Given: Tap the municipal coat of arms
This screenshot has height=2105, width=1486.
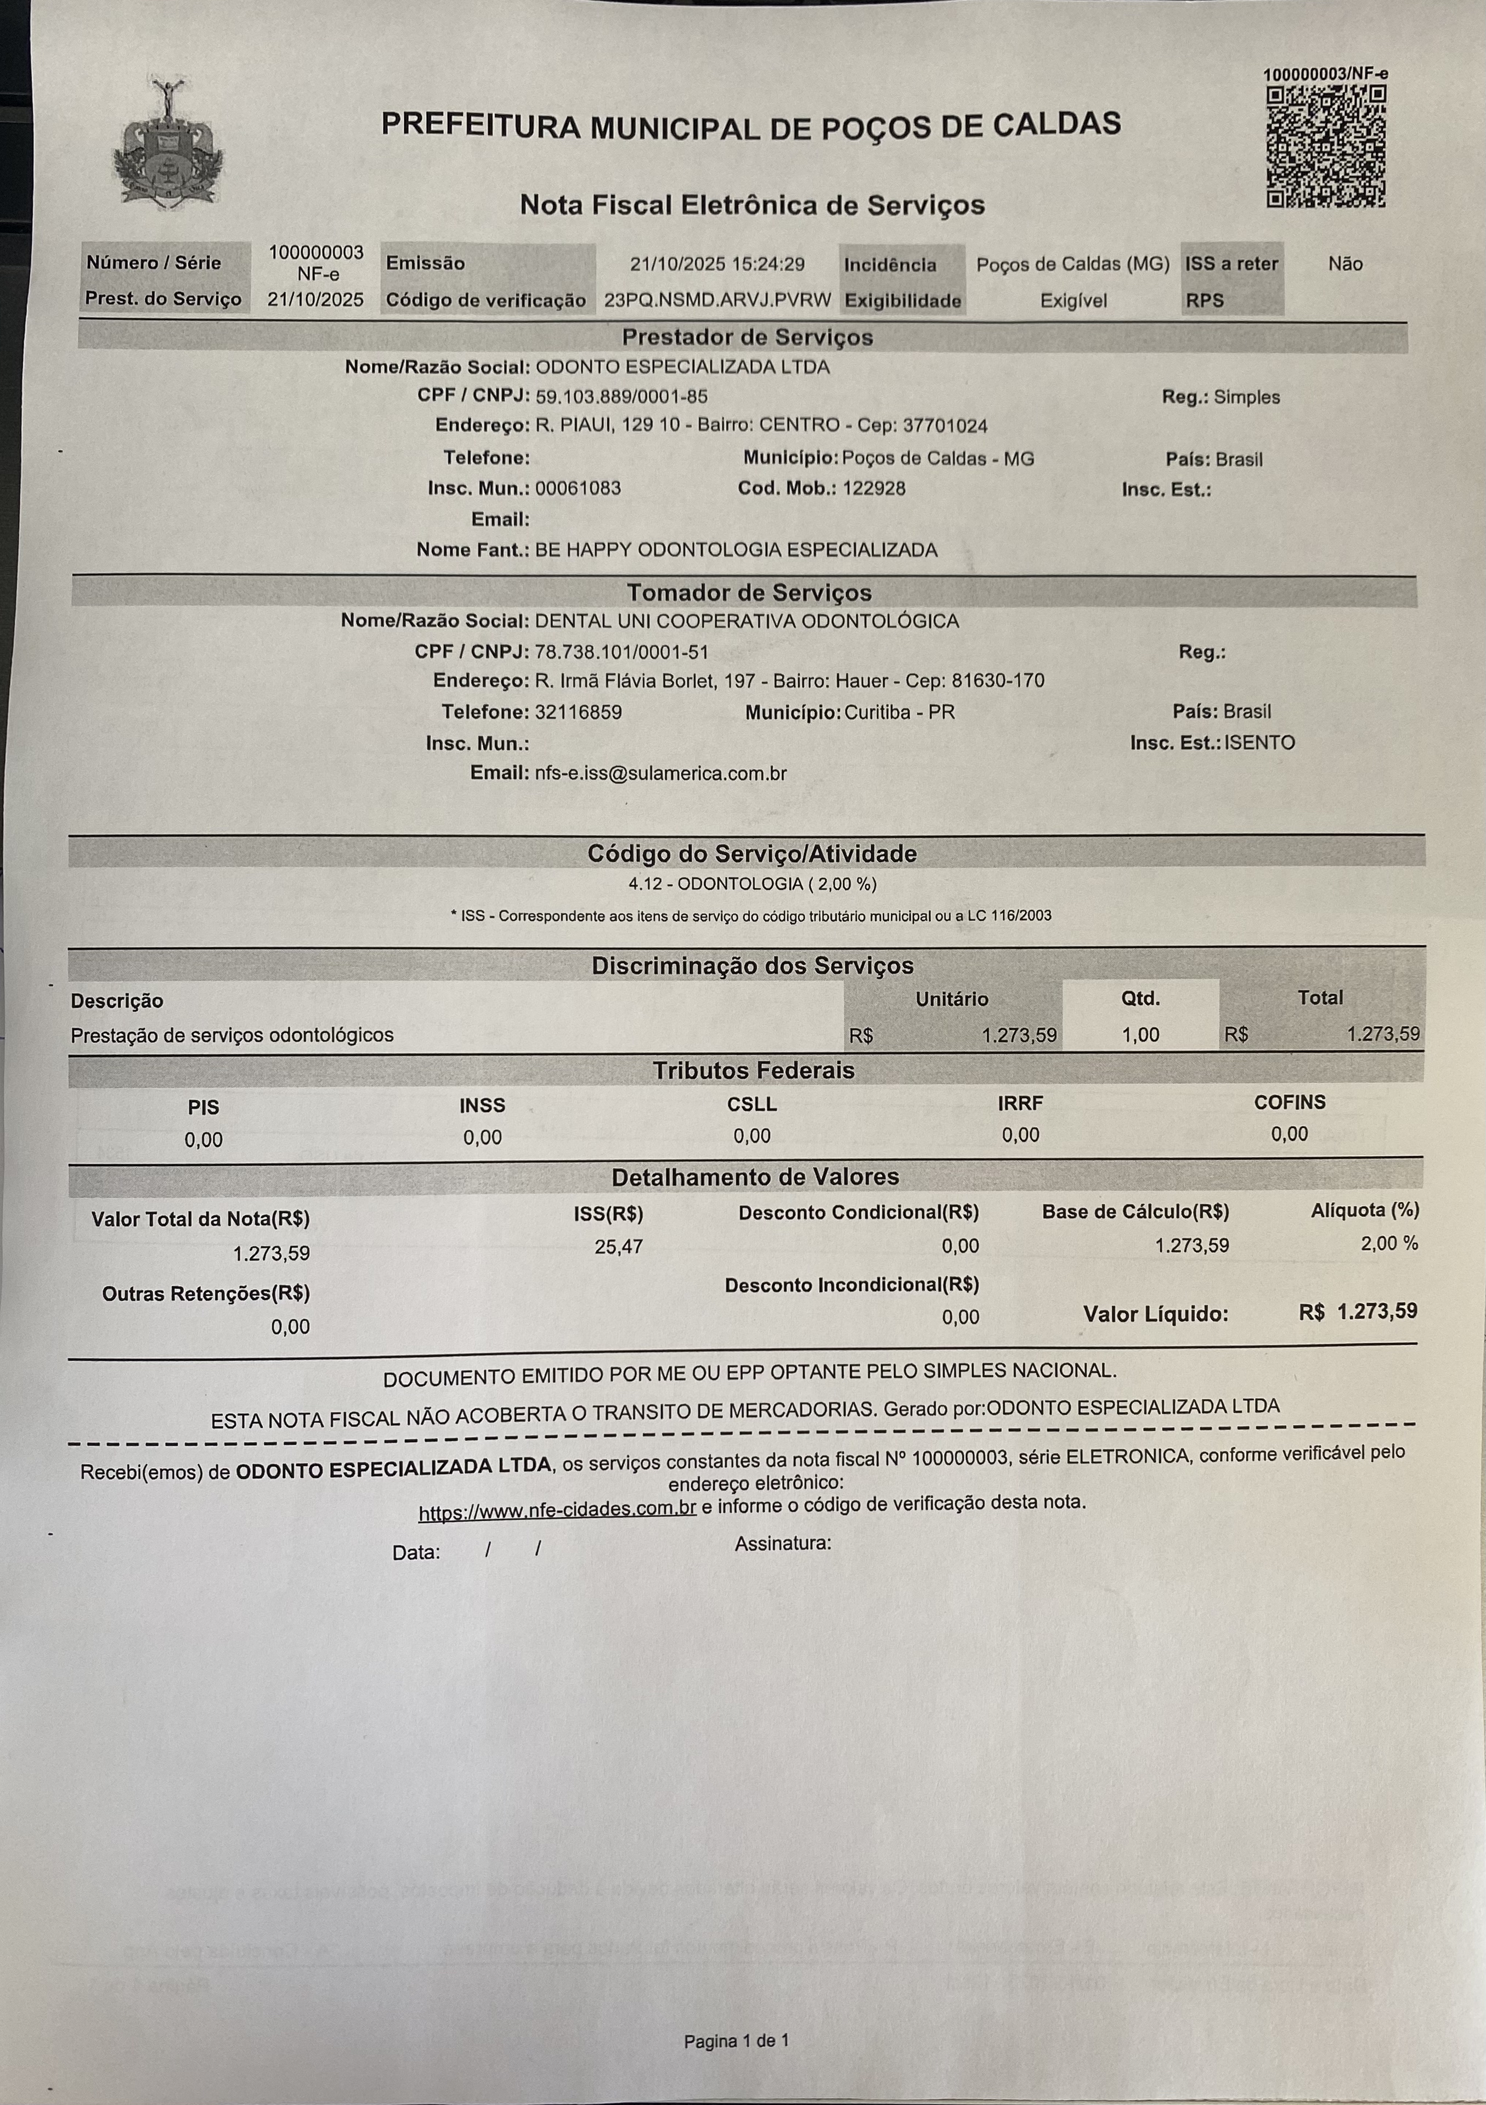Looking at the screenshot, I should (168, 142).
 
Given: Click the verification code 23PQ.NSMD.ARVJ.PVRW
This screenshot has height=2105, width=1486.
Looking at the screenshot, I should (717, 300).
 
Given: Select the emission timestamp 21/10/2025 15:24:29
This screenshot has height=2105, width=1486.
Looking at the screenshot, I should (717, 264).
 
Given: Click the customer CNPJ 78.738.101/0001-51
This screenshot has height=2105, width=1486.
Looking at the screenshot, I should (621, 652).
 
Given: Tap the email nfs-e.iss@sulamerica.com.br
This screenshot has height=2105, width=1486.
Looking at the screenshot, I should (660, 773).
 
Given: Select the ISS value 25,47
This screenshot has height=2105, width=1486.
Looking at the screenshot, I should (619, 1247).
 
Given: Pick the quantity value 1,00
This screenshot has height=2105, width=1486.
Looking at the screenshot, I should (1140, 1035).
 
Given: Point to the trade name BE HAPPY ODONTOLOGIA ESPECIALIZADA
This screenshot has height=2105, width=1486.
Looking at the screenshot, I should (736, 550).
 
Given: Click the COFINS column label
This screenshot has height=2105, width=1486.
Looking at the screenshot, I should (1289, 1102).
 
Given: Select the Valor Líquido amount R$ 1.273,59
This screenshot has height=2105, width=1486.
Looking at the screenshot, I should (1358, 1311).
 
